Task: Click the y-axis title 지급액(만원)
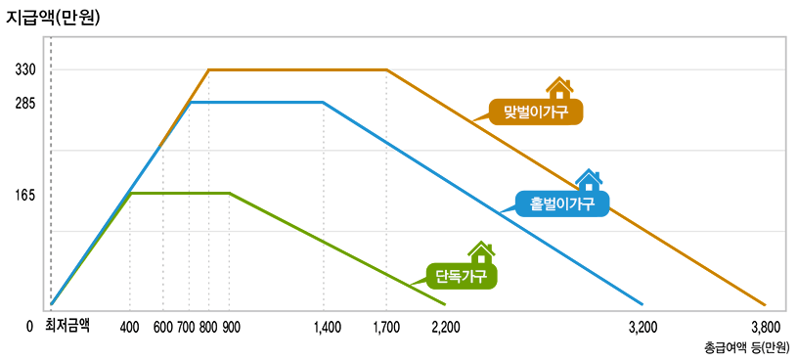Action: (55, 16)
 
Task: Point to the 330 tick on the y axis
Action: (26, 70)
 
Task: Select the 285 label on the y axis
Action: (26, 103)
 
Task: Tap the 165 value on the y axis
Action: (26, 195)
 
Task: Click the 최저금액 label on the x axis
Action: (66, 326)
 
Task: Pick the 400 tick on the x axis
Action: (130, 327)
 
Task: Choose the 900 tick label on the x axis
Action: (231, 327)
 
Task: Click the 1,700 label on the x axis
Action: (386, 327)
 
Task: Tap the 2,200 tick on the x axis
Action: (445, 327)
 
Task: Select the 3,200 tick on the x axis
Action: (642, 327)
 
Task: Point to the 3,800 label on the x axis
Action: (765, 327)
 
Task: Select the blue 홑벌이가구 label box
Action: (562, 203)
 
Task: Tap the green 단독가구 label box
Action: (462, 275)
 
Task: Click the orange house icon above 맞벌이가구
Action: (559, 88)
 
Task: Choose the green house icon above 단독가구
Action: (481, 252)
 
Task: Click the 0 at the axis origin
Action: (30, 327)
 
